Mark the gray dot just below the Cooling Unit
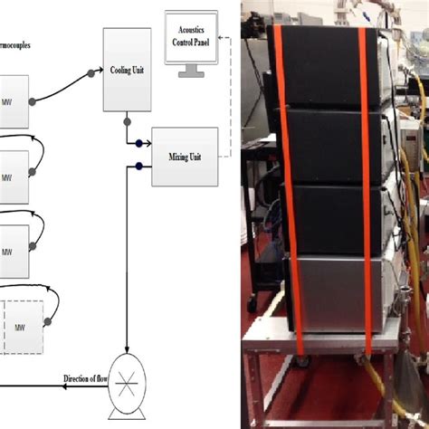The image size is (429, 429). (126, 120)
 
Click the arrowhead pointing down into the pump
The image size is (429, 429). (126, 362)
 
